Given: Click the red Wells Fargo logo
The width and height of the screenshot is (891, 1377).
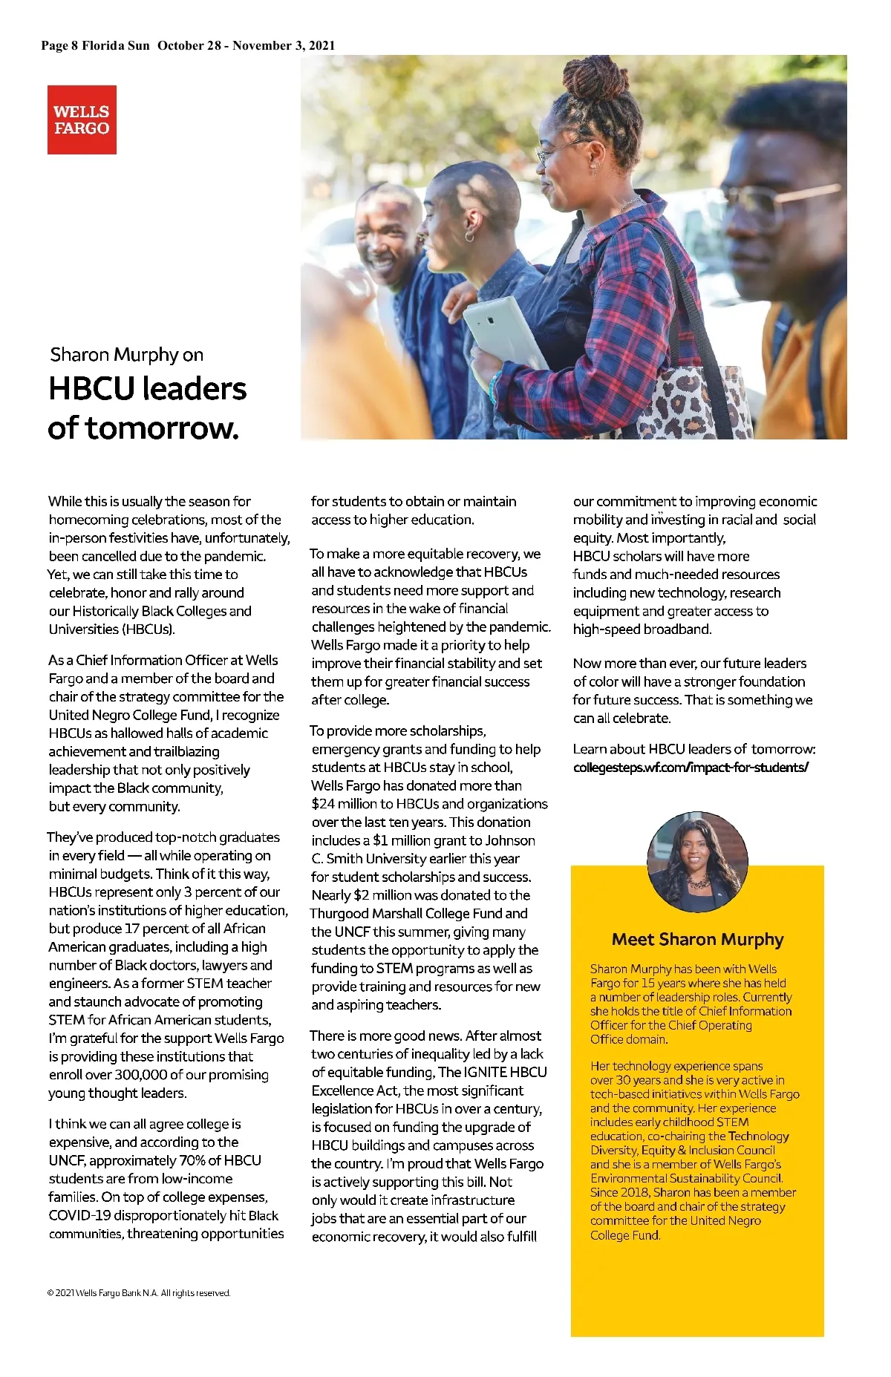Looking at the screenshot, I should tap(82, 120).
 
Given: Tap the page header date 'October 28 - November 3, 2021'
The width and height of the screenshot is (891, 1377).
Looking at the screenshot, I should tap(246, 45).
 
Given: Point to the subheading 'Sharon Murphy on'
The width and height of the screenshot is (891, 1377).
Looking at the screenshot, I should tap(127, 355).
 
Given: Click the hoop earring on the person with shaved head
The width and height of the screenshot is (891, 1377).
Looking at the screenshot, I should tap(470, 236).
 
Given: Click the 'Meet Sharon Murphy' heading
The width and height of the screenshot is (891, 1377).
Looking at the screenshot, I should tap(697, 940).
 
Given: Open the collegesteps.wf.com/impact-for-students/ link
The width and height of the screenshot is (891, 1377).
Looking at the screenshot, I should tap(691, 768).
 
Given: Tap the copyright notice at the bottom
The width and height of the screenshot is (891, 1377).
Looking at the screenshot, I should tap(139, 1293).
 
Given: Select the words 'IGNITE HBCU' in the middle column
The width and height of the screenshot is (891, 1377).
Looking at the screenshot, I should tap(506, 1072).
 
